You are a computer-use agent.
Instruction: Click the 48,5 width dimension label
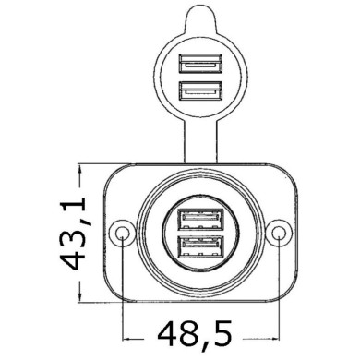pos(202,331)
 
